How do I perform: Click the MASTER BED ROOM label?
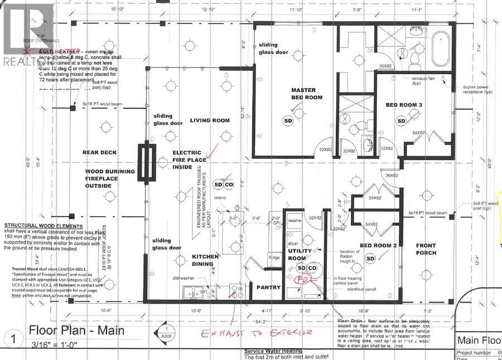pos(303,94)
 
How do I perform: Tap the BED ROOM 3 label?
pos(403,105)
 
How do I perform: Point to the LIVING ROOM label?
pos(210,120)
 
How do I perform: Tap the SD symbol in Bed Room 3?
pos(401,121)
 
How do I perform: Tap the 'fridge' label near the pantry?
pos(273,258)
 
